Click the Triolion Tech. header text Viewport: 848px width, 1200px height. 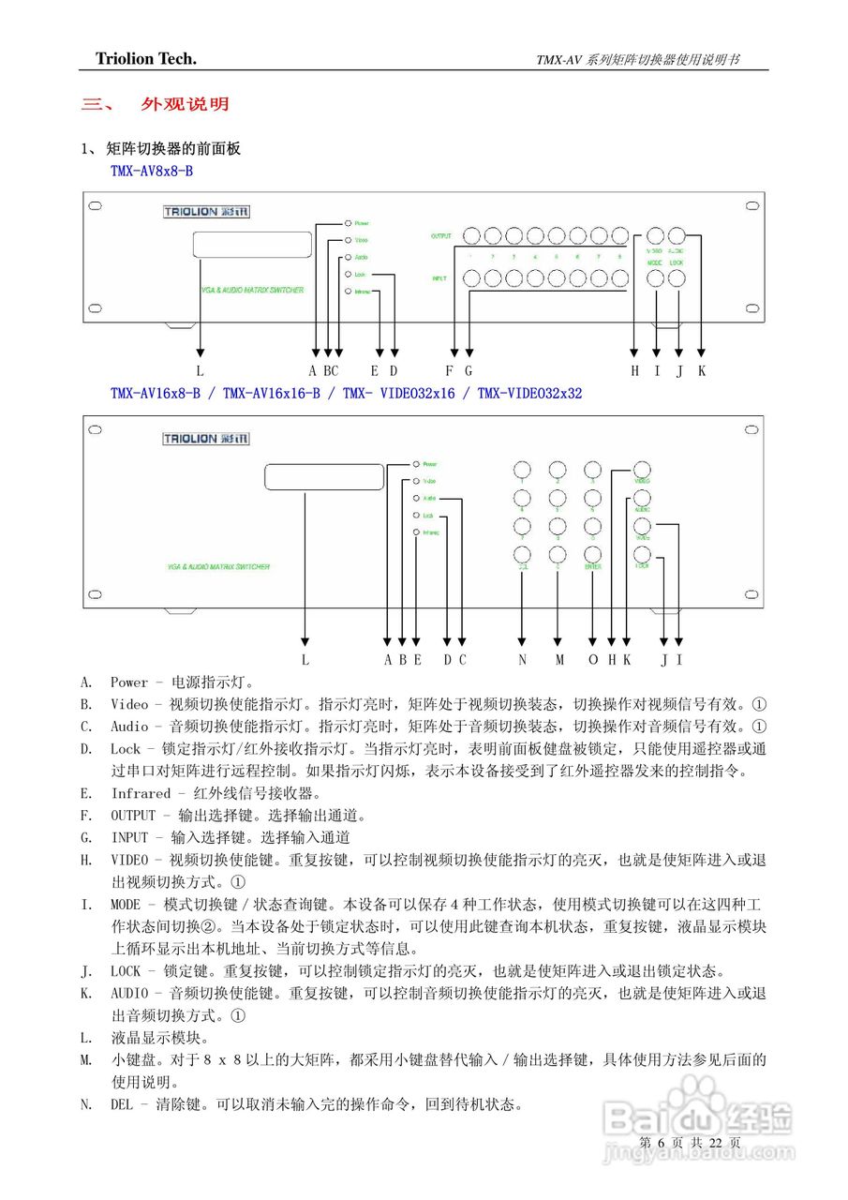[146, 59]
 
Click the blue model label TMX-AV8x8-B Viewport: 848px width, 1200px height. [152, 171]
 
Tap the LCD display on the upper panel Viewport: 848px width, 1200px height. [251, 245]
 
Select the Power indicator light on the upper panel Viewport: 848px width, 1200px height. [348, 223]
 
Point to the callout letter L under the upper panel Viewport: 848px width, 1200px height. [200, 371]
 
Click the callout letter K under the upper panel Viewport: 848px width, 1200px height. [701, 371]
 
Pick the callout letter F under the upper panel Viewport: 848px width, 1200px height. [450, 371]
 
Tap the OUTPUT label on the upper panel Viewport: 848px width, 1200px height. [441, 235]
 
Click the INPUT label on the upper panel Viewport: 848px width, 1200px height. [439, 278]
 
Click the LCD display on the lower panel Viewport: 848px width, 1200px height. [324, 477]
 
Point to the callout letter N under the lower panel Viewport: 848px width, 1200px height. [522, 660]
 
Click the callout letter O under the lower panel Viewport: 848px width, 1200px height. [592, 660]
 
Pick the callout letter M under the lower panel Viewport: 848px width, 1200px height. [558, 660]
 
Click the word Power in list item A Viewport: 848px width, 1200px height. [129, 682]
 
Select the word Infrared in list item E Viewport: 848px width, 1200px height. [141, 793]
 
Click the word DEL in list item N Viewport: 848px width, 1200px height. [122, 1104]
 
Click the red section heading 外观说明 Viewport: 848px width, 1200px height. [185, 104]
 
